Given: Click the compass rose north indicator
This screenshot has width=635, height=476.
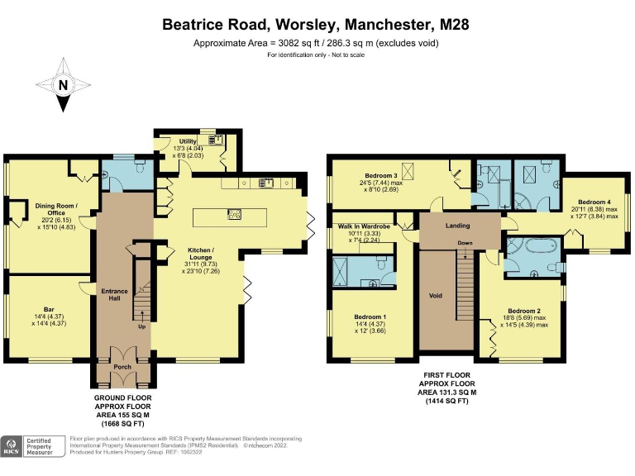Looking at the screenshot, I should click(x=62, y=85).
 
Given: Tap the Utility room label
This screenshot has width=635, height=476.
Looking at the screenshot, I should click(x=188, y=142).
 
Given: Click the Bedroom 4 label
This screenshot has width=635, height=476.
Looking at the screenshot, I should click(x=594, y=202).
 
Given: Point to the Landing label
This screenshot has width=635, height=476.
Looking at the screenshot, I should click(x=457, y=226).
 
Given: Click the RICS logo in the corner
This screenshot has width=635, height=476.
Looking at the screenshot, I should click(x=12, y=446).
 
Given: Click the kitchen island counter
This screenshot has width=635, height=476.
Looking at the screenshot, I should click(x=230, y=217).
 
